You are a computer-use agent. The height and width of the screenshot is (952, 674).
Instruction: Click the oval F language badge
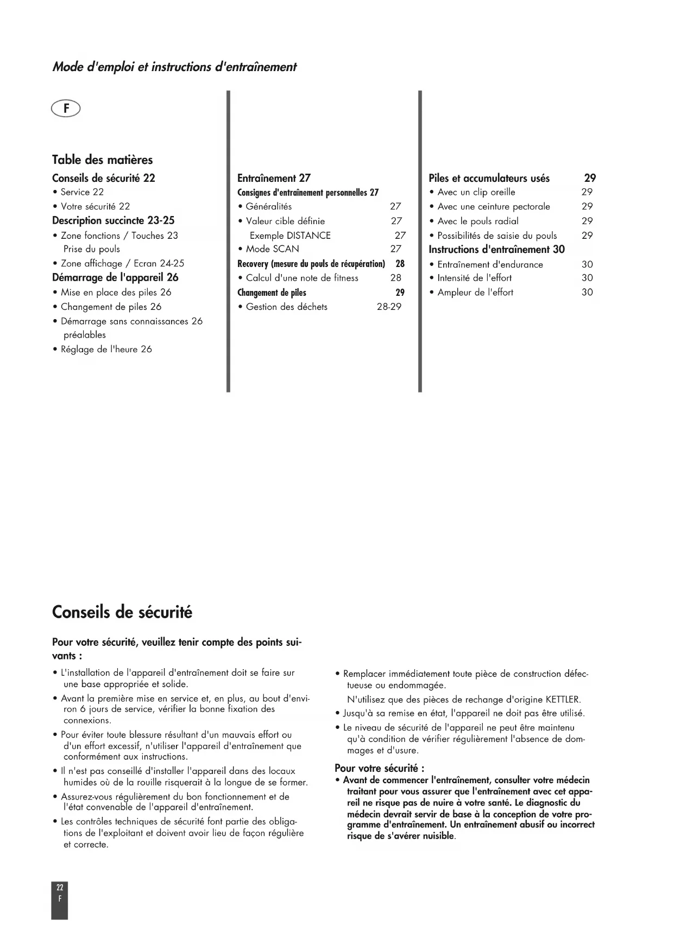(x=66, y=109)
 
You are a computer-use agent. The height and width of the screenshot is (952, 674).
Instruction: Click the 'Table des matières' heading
(x=102, y=160)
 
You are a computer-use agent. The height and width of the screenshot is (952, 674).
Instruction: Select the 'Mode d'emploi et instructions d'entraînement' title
(x=174, y=67)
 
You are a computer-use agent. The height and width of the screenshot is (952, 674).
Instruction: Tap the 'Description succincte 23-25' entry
(x=113, y=220)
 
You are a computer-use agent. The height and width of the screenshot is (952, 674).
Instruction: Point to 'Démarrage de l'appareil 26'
(x=115, y=277)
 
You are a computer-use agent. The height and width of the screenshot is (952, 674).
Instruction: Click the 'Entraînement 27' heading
(x=274, y=178)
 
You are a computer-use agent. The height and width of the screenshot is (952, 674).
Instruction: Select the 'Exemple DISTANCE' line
(x=289, y=236)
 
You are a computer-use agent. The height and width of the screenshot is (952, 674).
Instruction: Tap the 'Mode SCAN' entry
(x=272, y=249)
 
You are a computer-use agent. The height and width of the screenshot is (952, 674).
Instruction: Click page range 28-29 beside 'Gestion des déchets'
(x=389, y=307)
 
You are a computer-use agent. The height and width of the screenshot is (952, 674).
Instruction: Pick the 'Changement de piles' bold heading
(x=272, y=293)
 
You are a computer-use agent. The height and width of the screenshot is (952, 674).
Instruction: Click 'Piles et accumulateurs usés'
(x=489, y=178)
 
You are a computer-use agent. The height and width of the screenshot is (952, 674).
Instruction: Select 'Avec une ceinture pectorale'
(x=493, y=206)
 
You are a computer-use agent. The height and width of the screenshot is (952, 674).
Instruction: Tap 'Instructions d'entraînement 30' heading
(x=496, y=249)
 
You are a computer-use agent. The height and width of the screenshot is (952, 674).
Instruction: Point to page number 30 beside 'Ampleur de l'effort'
(x=587, y=292)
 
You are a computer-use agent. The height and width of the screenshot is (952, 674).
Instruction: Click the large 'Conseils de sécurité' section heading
(x=122, y=612)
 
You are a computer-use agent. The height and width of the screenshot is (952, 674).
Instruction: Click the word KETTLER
(x=563, y=700)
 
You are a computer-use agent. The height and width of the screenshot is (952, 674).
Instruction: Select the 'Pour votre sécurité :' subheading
(x=379, y=768)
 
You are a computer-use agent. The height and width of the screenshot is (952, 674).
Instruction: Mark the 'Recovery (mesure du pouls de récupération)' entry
(x=311, y=264)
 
